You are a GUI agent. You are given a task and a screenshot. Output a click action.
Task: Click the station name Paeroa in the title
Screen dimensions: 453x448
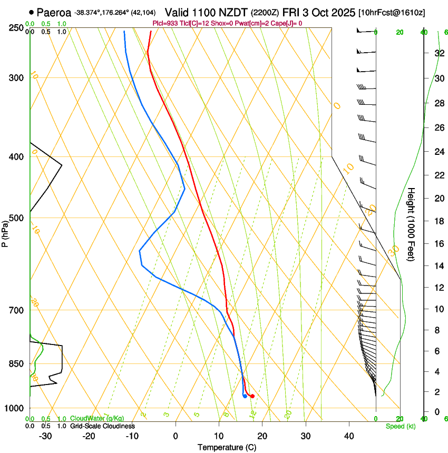(54, 12)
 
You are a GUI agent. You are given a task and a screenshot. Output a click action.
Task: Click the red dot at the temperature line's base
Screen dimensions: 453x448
(252, 396)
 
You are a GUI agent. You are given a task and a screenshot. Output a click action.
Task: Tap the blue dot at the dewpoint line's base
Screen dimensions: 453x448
(245, 396)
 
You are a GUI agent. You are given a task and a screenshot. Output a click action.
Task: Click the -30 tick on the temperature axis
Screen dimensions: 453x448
(45, 436)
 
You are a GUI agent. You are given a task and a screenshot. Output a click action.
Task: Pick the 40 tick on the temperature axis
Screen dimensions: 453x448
(349, 436)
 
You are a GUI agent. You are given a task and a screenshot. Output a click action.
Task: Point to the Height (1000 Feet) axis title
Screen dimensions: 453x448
(412, 224)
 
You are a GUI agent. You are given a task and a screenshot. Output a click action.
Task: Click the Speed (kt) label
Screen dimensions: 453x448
(400, 426)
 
